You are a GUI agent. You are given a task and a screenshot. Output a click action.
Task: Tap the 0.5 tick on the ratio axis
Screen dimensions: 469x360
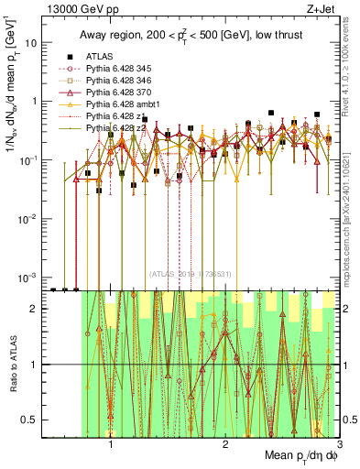[x=29, y=420]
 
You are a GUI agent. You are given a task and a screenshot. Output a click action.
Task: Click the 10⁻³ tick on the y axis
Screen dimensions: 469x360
[x=27, y=277]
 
